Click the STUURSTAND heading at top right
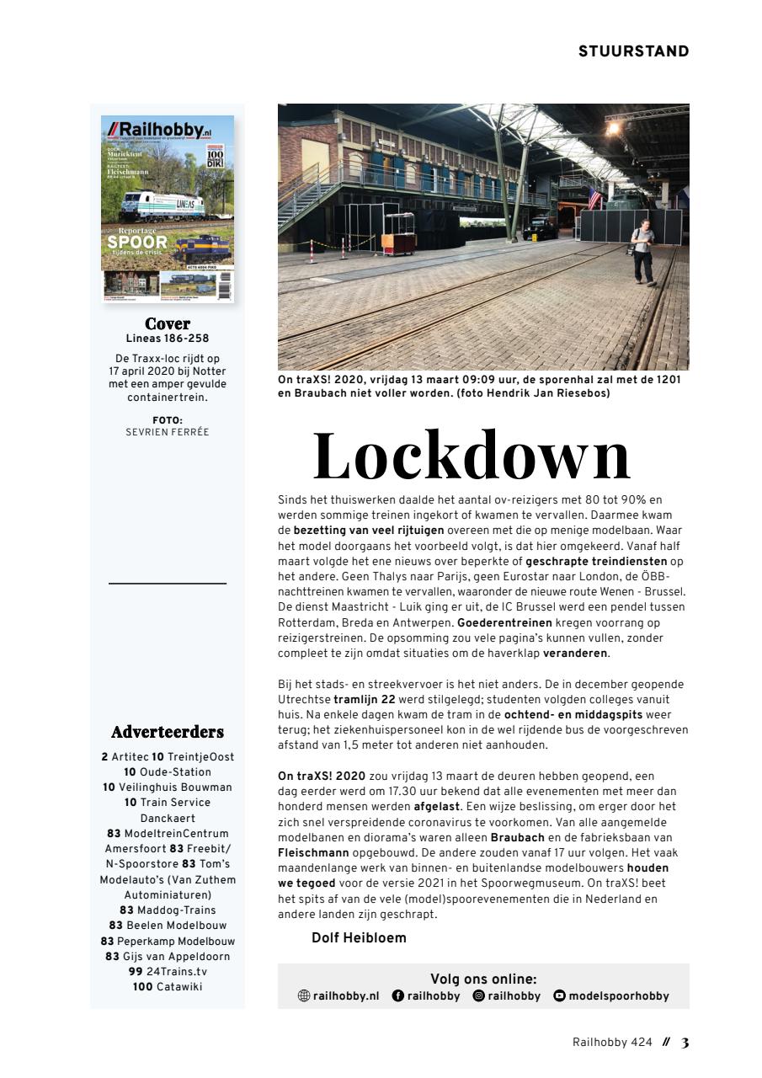[x=633, y=51]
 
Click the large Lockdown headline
[x=472, y=456]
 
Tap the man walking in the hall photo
[x=642, y=251]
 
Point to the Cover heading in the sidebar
[x=168, y=324]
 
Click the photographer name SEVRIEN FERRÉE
[x=168, y=432]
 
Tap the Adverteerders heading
[x=168, y=732]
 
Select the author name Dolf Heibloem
[x=359, y=938]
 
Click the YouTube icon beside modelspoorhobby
[x=559, y=995]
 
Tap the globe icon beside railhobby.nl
[x=304, y=995]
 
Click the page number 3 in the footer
[x=685, y=1043]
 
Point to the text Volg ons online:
[x=483, y=979]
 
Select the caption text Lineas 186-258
[x=168, y=339]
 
